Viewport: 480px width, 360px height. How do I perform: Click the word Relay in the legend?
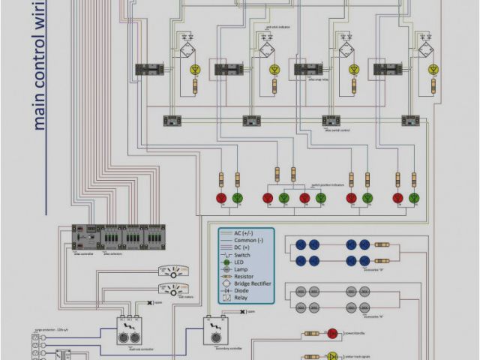click(x=241, y=298)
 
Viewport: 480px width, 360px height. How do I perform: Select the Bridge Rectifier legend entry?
click(x=252, y=283)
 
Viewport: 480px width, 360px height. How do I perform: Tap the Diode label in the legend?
click(x=241, y=291)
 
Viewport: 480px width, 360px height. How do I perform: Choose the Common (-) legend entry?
click(x=249, y=241)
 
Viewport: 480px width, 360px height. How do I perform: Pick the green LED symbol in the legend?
click(x=226, y=262)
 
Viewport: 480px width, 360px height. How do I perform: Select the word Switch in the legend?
click(x=243, y=255)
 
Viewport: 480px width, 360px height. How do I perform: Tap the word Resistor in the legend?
click(x=245, y=277)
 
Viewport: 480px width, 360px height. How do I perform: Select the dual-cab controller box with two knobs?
click(x=130, y=329)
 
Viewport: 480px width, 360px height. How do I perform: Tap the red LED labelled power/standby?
click(x=331, y=333)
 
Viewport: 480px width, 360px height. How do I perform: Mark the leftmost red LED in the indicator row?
click(x=221, y=198)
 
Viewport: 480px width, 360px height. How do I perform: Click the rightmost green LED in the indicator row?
click(x=415, y=198)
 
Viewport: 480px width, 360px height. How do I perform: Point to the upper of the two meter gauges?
click(x=173, y=271)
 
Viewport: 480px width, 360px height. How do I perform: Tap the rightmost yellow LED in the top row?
click(x=433, y=70)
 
